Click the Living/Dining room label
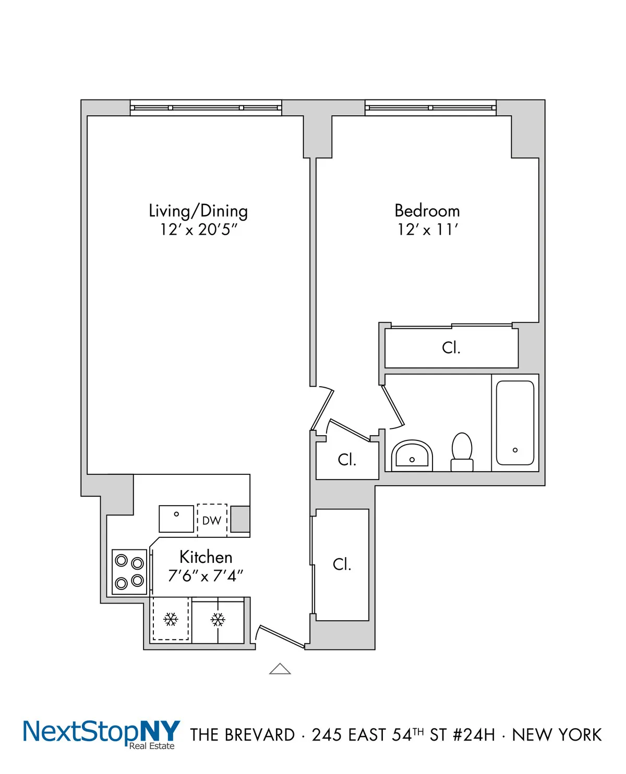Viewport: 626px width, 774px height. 198,211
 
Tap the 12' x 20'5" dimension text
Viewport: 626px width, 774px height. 198,230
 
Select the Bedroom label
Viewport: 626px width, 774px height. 427,211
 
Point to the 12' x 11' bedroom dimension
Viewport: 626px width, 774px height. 427,230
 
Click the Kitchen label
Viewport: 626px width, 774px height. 206,557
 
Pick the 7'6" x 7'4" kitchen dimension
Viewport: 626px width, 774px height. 206,576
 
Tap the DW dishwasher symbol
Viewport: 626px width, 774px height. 212,520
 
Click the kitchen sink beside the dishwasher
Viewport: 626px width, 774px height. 176,519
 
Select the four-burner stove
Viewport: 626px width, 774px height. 129,571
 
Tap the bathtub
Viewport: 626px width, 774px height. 515,423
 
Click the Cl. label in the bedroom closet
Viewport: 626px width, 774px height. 451,348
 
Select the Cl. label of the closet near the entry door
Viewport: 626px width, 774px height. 342,564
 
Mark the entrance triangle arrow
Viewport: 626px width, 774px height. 280,669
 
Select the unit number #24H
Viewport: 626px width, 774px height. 474,735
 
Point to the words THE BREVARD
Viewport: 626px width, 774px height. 243,735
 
